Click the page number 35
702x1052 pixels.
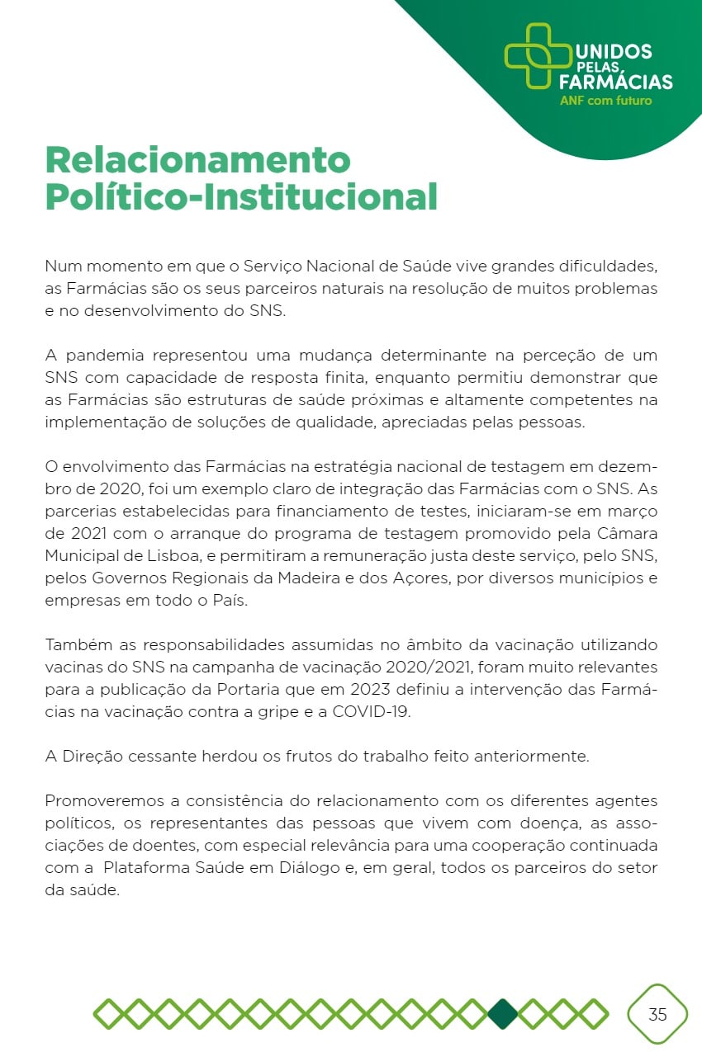[x=657, y=1014]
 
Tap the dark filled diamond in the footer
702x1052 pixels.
[x=503, y=1014]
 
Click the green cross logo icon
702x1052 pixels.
[x=538, y=56]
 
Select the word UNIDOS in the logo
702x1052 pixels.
[x=612, y=51]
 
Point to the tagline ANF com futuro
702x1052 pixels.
[x=605, y=101]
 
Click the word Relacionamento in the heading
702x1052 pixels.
[x=198, y=158]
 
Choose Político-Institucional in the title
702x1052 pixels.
[x=241, y=197]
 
